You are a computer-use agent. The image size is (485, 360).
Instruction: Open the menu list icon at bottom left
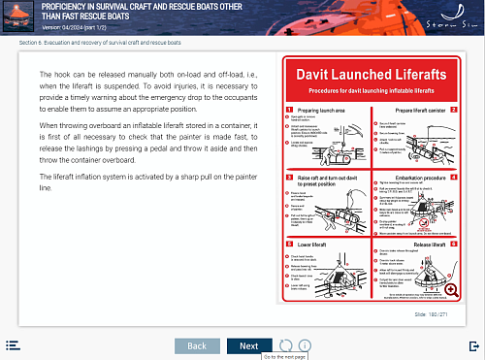pos(13,344)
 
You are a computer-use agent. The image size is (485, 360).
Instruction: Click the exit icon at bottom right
pos(473,344)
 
